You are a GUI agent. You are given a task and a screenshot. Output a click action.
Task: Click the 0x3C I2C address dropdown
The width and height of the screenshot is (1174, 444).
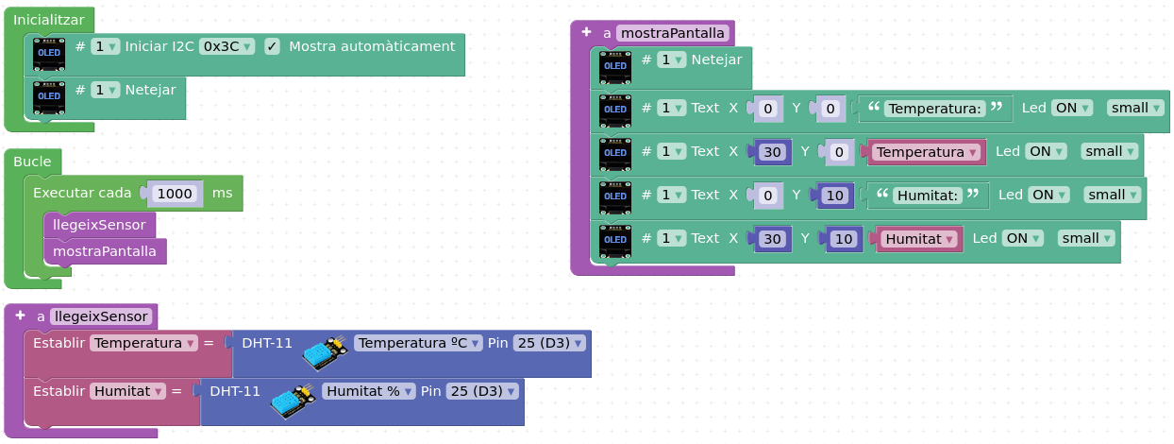(226, 46)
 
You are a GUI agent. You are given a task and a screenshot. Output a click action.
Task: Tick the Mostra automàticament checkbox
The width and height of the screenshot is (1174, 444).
(272, 46)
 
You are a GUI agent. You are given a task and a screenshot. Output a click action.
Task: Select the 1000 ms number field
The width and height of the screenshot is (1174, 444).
(175, 194)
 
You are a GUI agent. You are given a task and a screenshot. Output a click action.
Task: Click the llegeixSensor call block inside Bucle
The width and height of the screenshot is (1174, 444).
(100, 225)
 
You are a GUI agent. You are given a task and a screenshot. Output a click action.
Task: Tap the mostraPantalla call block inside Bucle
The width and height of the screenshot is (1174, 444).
(105, 251)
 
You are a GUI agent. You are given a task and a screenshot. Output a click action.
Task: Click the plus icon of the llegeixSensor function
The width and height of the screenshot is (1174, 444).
(20, 316)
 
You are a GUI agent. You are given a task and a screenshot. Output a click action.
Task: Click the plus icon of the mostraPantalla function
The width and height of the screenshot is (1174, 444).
(586, 32)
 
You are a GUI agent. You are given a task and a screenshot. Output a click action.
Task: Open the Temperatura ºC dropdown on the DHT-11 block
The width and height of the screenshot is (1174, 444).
(418, 343)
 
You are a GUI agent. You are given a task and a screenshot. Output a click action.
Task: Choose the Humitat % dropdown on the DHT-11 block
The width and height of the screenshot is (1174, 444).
(368, 391)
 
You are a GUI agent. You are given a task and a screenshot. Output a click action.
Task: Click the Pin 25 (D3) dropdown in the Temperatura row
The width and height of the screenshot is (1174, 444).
(549, 343)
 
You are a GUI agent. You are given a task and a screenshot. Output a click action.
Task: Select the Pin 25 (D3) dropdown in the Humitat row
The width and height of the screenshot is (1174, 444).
(482, 391)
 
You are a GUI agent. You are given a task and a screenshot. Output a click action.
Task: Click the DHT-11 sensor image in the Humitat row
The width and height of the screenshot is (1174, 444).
(293, 401)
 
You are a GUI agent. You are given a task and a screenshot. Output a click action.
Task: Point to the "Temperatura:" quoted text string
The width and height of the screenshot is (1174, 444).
(935, 109)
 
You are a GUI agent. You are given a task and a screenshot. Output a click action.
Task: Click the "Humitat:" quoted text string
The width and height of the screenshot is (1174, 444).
(928, 196)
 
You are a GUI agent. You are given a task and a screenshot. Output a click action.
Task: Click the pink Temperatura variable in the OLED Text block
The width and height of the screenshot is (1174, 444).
(927, 152)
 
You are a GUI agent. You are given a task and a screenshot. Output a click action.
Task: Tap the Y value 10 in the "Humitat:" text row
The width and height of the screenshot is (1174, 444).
(835, 196)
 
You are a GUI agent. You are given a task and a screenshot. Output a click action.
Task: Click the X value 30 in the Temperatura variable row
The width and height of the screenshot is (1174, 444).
(772, 152)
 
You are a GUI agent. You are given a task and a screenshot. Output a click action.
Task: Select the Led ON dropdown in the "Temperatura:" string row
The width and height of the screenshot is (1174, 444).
(1073, 108)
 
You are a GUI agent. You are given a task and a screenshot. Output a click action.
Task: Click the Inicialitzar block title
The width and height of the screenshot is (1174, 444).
(49, 20)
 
